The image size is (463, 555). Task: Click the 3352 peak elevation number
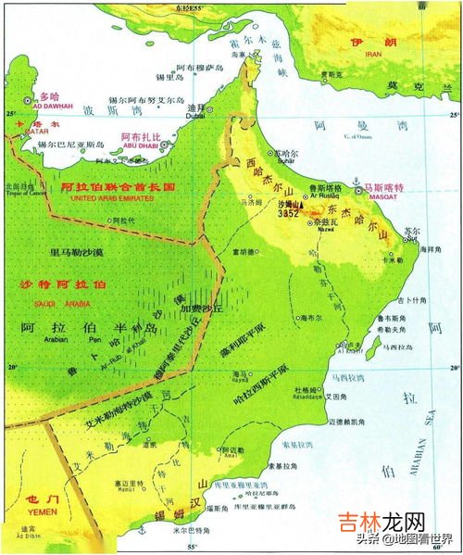(287, 212)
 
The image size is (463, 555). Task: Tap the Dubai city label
(195, 118)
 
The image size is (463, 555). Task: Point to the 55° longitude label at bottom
(193, 549)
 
